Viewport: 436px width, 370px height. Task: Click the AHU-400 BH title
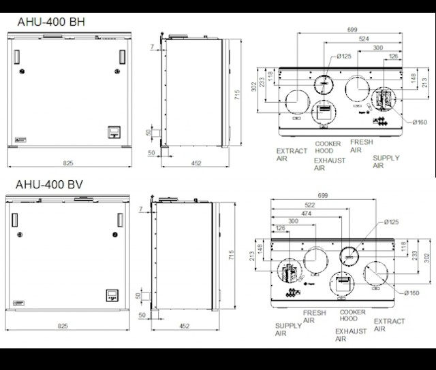[x=51, y=22]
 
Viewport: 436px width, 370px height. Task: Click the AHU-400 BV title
[x=49, y=184]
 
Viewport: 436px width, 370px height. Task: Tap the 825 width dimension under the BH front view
[x=68, y=163]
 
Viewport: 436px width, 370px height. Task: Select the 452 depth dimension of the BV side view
[x=185, y=326]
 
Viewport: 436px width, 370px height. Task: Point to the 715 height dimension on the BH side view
[x=236, y=95]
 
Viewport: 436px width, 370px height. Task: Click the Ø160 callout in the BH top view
[x=420, y=122]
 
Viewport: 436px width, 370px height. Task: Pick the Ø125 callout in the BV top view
[x=392, y=222]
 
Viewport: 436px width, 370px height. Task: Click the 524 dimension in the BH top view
[x=364, y=39]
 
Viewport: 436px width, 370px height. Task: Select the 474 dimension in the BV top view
[x=306, y=214]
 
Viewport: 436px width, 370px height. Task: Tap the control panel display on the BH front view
[x=114, y=132]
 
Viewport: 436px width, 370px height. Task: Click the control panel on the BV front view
[x=112, y=295]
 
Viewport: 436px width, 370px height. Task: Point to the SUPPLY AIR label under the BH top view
[x=386, y=162]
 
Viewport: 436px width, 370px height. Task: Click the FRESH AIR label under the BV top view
[x=314, y=316]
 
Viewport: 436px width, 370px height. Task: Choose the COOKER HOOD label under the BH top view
[x=328, y=147]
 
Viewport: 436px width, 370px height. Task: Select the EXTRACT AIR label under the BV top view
[x=389, y=324]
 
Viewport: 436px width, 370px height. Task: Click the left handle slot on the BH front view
[x=16, y=57]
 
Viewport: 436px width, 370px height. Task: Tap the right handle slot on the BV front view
[x=120, y=220]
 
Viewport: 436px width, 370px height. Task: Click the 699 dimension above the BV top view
[x=323, y=195]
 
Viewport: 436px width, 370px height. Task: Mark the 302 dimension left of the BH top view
[x=253, y=86]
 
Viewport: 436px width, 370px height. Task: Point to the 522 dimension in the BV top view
[x=310, y=205]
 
